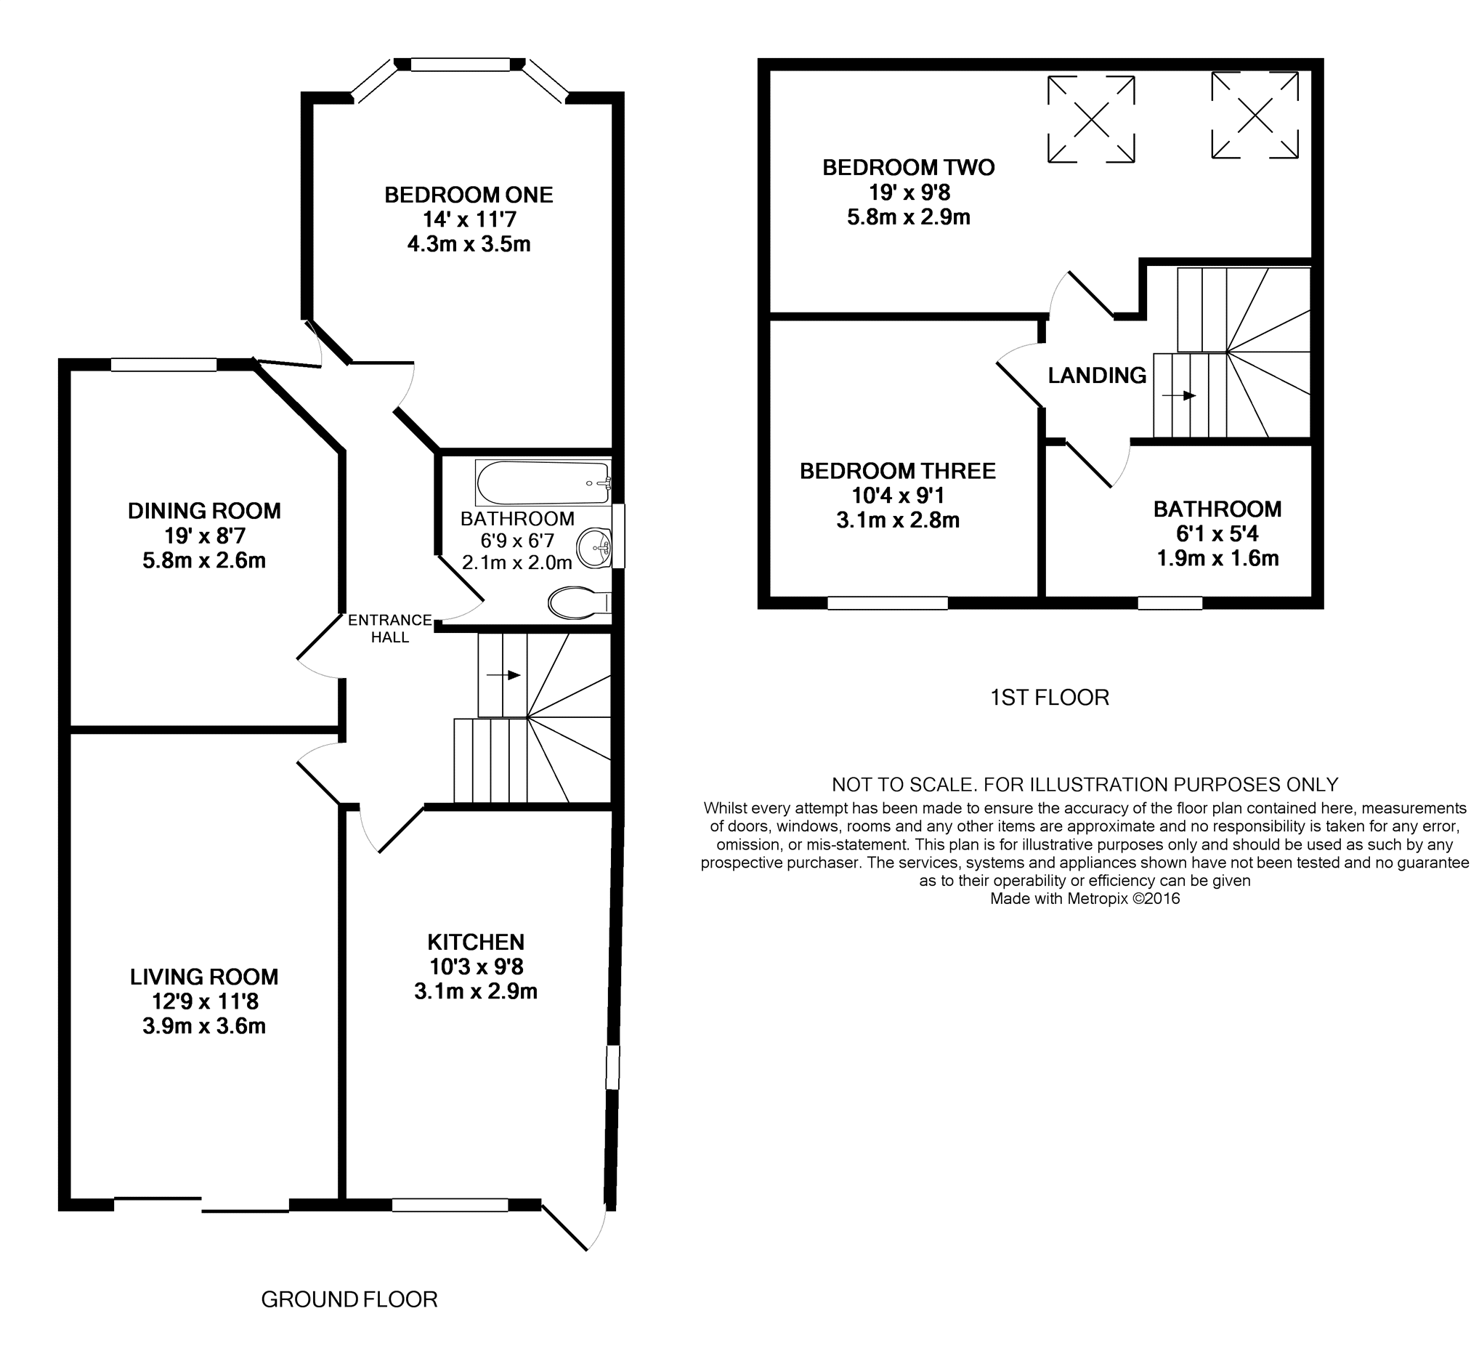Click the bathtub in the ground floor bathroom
click(543, 483)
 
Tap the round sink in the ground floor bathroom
click(595, 548)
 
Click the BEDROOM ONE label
click(469, 195)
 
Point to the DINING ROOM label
click(204, 511)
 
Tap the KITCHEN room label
click(476, 942)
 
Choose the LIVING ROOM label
click(204, 977)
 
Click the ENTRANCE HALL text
click(390, 629)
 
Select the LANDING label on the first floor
click(1098, 375)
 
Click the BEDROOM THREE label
click(898, 471)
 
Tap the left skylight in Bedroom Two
click(1091, 119)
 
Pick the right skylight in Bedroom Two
click(1255, 115)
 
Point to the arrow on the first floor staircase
click(1180, 396)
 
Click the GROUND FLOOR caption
click(349, 1299)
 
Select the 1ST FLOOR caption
click(1050, 698)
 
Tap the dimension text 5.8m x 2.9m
click(909, 217)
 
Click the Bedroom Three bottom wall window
click(887, 603)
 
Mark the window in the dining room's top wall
click(163, 364)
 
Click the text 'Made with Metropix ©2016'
click(1085, 898)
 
